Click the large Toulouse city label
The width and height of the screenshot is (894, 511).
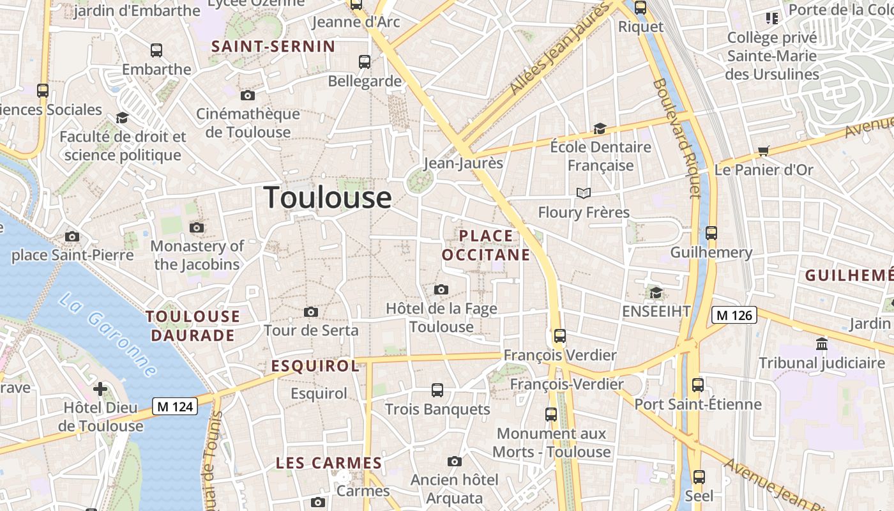tap(328, 197)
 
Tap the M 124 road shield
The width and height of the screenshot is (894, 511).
tap(175, 406)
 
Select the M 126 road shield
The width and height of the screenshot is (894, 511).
tap(734, 315)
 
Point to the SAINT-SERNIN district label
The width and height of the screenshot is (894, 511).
tap(273, 46)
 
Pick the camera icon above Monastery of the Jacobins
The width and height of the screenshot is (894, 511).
tap(197, 228)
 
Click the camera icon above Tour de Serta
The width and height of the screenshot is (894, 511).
tap(311, 312)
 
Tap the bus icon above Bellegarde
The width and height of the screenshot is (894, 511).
tap(365, 62)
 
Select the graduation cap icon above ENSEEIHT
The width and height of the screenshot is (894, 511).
tap(656, 293)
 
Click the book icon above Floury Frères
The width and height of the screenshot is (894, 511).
tap(583, 193)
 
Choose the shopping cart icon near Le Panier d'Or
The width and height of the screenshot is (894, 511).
tap(763, 151)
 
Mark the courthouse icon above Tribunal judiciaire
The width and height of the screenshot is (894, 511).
tap(822, 345)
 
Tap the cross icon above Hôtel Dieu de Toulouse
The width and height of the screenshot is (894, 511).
tap(100, 388)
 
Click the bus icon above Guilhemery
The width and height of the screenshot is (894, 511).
tap(711, 233)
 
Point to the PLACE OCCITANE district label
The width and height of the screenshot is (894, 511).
tap(487, 245)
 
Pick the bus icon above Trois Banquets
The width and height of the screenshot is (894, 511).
tap(437, 390)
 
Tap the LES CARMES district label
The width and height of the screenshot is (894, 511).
tap(329, 463)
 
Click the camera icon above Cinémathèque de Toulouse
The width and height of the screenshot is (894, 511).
tap(248, 96)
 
